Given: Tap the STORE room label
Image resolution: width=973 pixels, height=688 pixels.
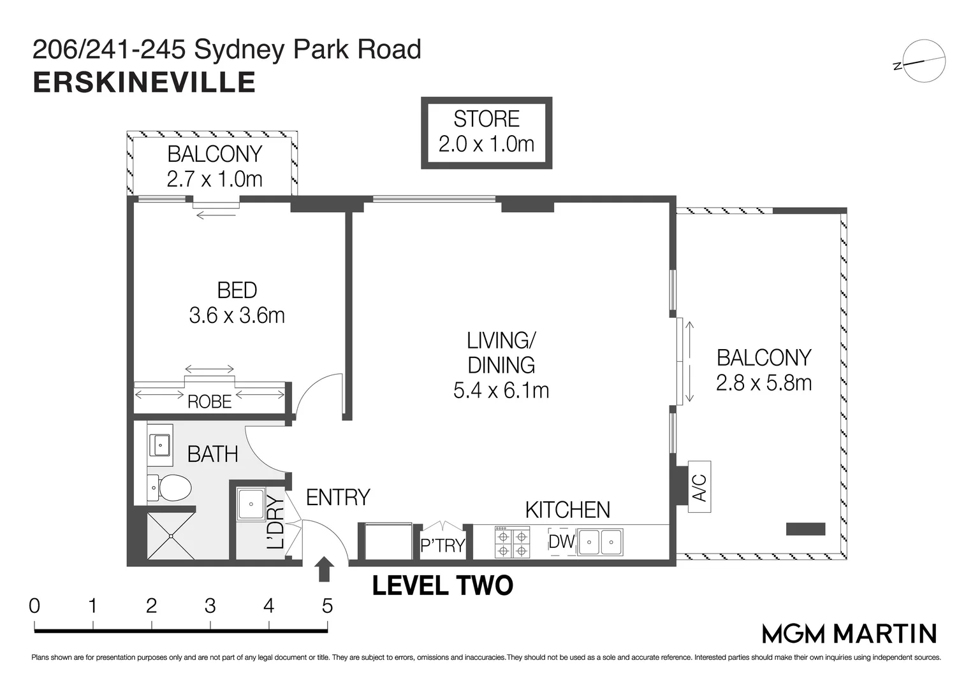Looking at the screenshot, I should pos(486,119).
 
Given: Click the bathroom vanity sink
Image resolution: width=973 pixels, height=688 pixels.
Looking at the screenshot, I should pos(159,444).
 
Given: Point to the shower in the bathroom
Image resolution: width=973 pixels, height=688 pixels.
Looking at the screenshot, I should pos(172,536).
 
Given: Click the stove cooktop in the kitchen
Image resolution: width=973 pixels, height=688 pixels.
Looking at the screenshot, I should pos(513,542).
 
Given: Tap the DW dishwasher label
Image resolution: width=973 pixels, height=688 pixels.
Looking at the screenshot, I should pos(562,541).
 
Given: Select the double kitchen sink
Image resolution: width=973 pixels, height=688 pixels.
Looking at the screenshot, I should pos(600,542).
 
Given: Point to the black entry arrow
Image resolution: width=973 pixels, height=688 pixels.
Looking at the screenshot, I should pos(325,569).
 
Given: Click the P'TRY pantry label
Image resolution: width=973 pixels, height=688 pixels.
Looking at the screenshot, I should pos(443,546).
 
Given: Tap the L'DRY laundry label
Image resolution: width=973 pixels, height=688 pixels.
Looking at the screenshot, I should pos(275,522).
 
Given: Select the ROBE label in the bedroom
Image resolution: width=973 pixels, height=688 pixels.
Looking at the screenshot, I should pos(209,402).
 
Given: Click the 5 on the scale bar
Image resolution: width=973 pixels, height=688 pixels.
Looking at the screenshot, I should pos(327,605).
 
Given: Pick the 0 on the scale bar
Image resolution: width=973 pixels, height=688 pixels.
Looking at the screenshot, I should pos(34,605).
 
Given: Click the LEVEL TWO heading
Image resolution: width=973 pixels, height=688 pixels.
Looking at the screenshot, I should pos(443,586).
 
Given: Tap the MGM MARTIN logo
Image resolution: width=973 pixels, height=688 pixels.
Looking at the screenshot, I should pos(849,634).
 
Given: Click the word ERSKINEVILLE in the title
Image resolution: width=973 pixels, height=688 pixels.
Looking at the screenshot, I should pos(144,83).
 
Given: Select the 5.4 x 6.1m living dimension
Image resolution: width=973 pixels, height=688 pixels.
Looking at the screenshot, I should pos(501,390).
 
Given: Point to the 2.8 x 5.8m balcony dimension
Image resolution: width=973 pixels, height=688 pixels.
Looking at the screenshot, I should pos(764,383).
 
